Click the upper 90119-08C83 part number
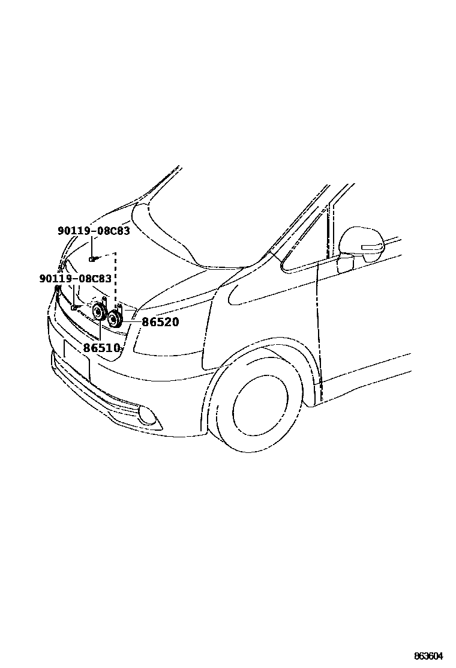click(x=94, y=231)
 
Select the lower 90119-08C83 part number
click(x=75, y=279)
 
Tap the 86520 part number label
click(x=160, y=323)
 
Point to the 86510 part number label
click(x=101, y=348)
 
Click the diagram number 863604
click(x=431, y=657)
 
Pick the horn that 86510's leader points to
click(x=98, y=312)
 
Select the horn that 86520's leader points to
click(x=114, y=319)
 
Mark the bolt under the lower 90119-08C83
click(x=74, y=307)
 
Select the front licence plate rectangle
click(x=76, y=359)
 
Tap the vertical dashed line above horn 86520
click(x=116, y=279)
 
